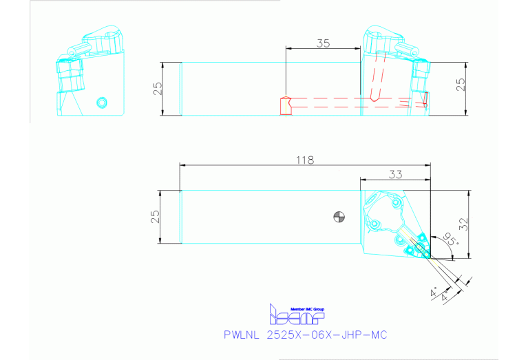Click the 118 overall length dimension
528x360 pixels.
(x=305, y=160)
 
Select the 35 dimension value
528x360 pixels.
(x=324, y=43)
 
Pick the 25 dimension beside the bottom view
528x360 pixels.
(x=156, y=215)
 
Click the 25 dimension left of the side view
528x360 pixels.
(x=158, y=89)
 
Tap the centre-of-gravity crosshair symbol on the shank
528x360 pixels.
(x=337, y=215)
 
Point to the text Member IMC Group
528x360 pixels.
(x=307, y=309)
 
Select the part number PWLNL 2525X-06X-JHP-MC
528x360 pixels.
(x=306, y=335)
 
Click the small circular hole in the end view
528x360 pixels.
(x=103, y=103)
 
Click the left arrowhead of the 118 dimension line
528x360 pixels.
(x=181, y=165)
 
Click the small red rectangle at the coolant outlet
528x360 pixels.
(x=425, y=99)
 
